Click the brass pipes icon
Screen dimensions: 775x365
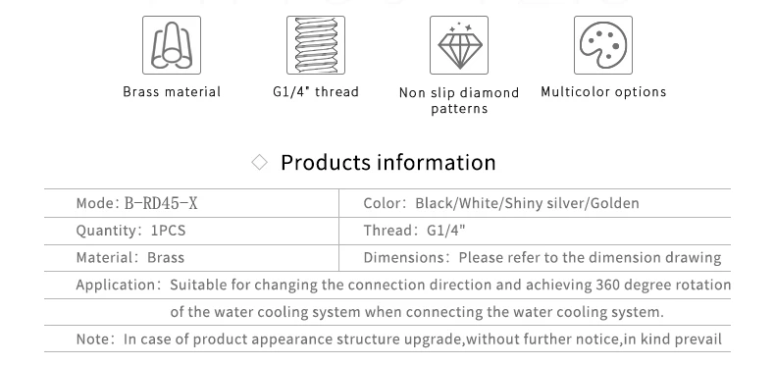(x=172, y=45)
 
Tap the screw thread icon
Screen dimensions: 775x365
(x=316, y=45)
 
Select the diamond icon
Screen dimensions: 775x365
(x=459, y=45)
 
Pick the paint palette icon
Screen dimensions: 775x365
(x=603, y=45)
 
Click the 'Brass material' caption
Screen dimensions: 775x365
(x=172, y=92)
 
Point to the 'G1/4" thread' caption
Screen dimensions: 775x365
(x=316, y=92)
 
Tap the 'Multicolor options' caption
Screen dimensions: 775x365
(x=603, y=92)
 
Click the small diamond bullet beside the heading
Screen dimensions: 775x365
(x=260, y=162)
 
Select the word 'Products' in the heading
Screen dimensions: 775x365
(x=326, y=162)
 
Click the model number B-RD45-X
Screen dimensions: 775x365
(x=161, y=203)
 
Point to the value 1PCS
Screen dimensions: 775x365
(x=168, y=231)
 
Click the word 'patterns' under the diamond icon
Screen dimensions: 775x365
(x=459, y=109)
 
